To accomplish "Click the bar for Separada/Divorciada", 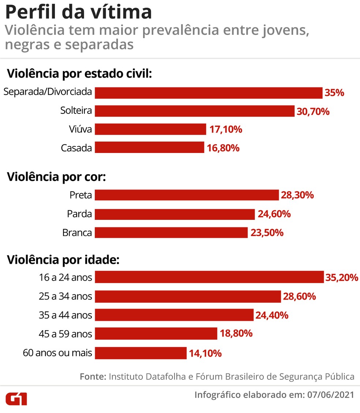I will coord(209,93).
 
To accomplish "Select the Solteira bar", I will coord(195,111).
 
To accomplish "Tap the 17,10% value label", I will coord(226,129).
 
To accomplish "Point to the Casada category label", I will coord(76,148).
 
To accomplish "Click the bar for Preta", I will coord(187,195).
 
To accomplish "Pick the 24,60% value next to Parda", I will coord(274,214).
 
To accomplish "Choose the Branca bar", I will coord(171,233).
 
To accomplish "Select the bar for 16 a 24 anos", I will coord(209,277).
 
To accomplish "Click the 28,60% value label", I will coord(299,296).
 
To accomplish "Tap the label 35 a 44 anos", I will coord(65,315).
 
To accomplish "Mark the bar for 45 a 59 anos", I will coord(156,334).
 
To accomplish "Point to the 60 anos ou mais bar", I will coord(141,353).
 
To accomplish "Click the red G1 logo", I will coord(16,398).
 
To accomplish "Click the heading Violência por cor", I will coord(56,177).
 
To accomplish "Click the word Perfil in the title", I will coord(28,12).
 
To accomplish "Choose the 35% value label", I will coord(334,93).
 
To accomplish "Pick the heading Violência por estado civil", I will coord(79,73).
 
